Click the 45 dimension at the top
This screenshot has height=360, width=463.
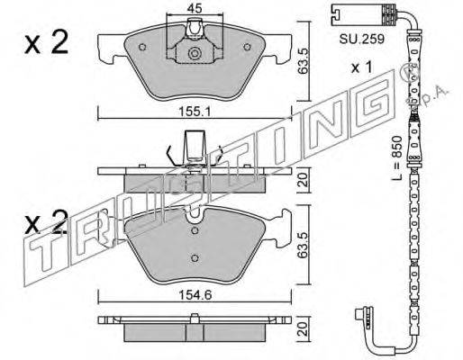point(195,8)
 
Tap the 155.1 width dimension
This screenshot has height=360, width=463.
point(195,112)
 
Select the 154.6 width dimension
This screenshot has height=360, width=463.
point(195,295)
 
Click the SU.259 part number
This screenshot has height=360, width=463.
point(362,39)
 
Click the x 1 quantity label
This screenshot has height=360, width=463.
point(362,67)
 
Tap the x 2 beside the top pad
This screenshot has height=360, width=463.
point(47,43)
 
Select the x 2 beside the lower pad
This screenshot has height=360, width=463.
point(47,222)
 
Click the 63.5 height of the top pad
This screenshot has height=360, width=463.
point(304,61)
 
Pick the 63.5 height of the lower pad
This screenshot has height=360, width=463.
point(304,245)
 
